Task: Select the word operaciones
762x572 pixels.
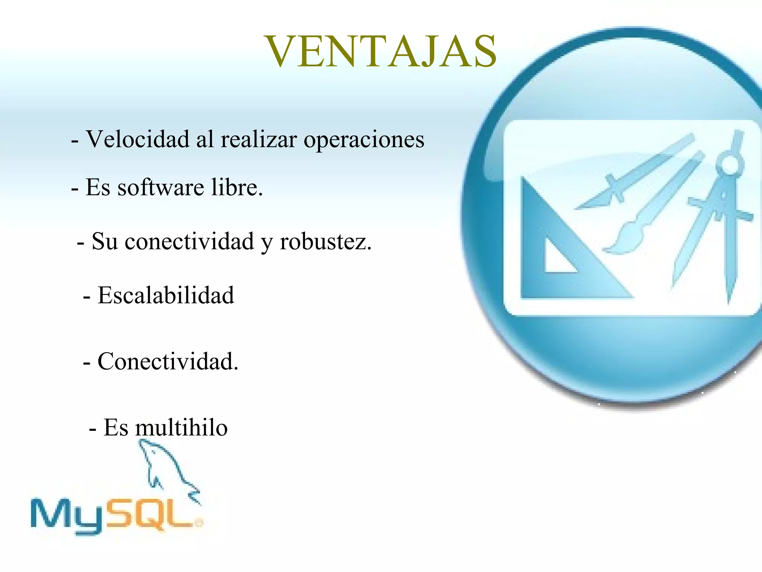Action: tap(364, 140)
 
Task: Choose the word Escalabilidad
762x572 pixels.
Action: tap(166, 295)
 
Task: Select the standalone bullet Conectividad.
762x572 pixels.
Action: tap(167, 361)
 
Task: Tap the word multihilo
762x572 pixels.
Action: tap(181, 428)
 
